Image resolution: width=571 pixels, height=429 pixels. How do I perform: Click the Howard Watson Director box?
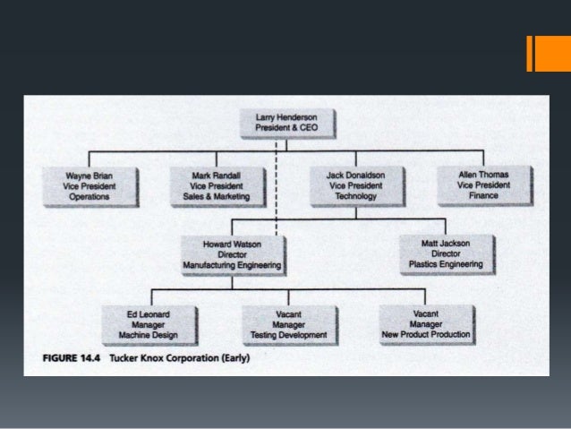tap(232, 253)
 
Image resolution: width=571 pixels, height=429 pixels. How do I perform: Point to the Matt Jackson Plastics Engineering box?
tap(445, 253)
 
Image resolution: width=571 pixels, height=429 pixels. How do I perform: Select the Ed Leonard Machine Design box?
tap(148, 324)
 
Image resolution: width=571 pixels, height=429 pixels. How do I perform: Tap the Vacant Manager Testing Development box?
tap(288, 324)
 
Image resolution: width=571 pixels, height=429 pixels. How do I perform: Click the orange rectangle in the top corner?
tap(543, 53)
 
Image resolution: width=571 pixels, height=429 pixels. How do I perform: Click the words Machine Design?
tap(148, 336)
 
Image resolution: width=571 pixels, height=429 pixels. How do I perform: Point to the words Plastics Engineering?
tap(445, 264)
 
